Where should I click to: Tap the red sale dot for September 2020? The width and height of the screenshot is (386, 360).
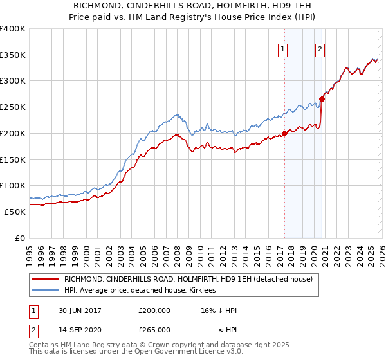click(322, 100)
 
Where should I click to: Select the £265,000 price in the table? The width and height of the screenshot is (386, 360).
click(154, 329)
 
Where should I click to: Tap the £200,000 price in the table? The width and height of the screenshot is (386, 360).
click(154, 310)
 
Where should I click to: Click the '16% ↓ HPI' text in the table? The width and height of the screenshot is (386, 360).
click(219, 310)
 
